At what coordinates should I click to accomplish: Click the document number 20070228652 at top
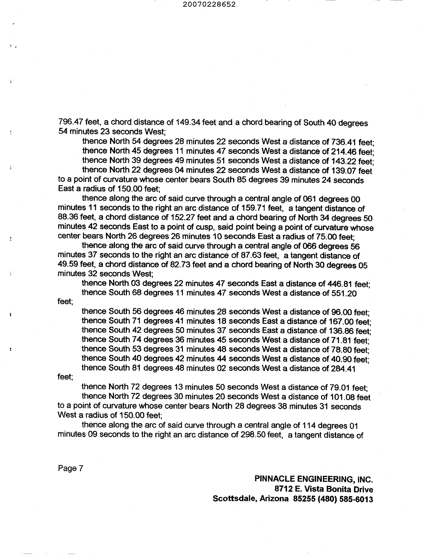click(x=209, y=4)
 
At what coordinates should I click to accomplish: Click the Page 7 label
click(x=70, y=468)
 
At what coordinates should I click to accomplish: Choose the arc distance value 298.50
click(x=253, y=435)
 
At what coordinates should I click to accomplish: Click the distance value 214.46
click(x=344, y=151)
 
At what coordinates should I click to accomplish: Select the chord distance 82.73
click(x=180, y=265)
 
